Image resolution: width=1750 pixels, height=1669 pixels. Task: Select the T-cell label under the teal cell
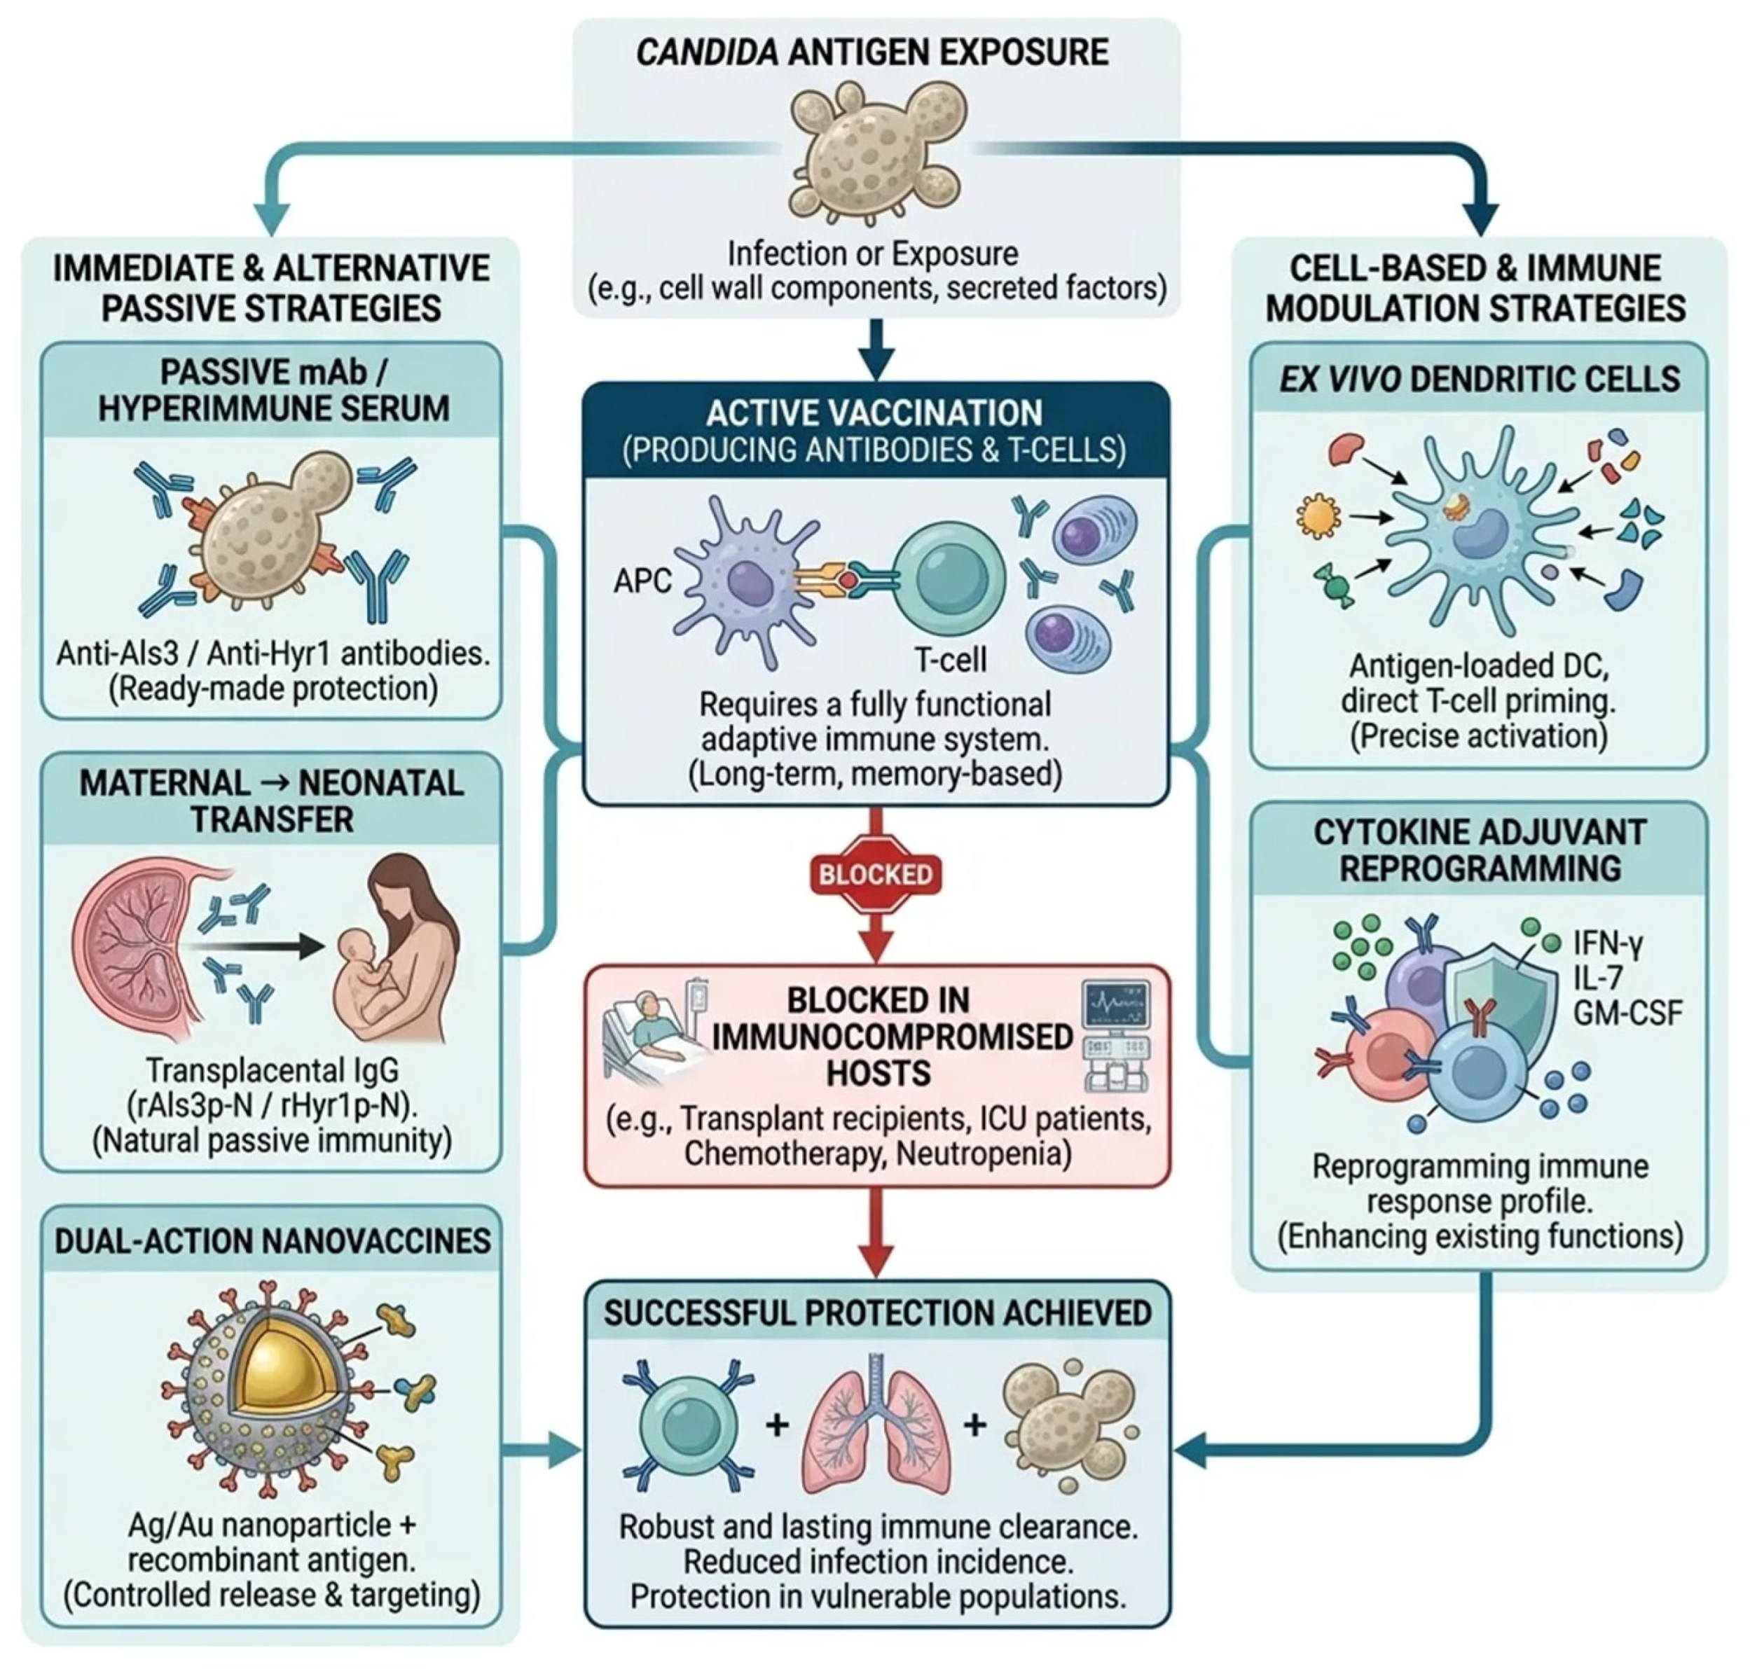(x=950, y=659)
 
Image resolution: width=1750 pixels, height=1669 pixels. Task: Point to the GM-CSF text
(x=1627, y=1013)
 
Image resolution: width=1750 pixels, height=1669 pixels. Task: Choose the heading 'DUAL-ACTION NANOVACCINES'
(x=273, y=1240)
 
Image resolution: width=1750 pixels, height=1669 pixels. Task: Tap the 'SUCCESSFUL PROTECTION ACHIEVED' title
(x=877, y=1313)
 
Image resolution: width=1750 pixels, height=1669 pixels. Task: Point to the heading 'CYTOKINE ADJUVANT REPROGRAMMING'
(x=1479, y=850)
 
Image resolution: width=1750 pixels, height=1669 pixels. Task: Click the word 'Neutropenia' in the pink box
(x=983, y=1154)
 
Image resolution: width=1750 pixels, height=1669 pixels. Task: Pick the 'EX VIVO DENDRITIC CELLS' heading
(x=1479, y=379)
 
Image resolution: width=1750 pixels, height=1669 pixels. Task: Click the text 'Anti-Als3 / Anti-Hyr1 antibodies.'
(x=273, y=654)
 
